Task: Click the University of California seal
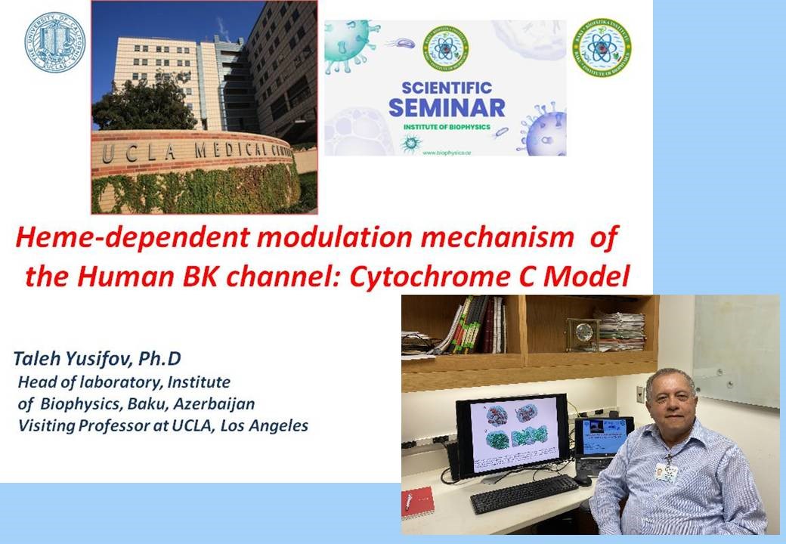click(54, 42)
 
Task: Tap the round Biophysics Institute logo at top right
click(602, 48)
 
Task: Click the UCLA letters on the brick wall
click(132, 153)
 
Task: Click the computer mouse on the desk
click(582, 480)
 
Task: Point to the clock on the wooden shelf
click(582, 333)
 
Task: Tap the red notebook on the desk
click(417, 503)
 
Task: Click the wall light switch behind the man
click(640, 394)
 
